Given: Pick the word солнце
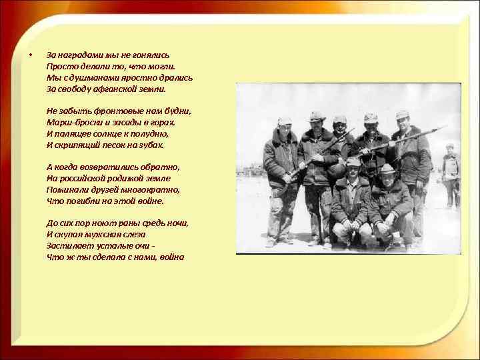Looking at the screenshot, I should click(117, 133).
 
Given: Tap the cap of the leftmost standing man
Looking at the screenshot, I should click(285, 121).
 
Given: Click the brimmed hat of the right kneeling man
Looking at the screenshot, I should click(387, 169).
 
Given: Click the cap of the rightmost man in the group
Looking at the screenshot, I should click(402, 114).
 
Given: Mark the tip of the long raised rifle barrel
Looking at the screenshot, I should click(445, 127).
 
